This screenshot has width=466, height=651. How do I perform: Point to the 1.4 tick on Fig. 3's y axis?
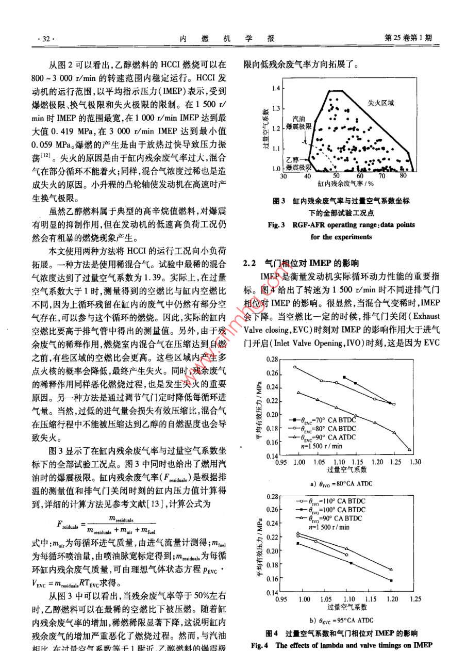pos(276,89)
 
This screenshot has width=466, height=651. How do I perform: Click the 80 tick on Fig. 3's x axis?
pos(403,176)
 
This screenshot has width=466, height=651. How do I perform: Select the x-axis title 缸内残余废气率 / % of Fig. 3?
pos(337,183)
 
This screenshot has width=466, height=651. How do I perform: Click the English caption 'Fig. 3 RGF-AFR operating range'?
pos(341,225)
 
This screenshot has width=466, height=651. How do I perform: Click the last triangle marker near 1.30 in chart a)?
pos(410,450)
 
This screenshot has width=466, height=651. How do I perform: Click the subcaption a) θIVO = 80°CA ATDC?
pos(341,483)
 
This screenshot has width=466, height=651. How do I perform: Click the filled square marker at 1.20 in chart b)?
pos(391,581)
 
